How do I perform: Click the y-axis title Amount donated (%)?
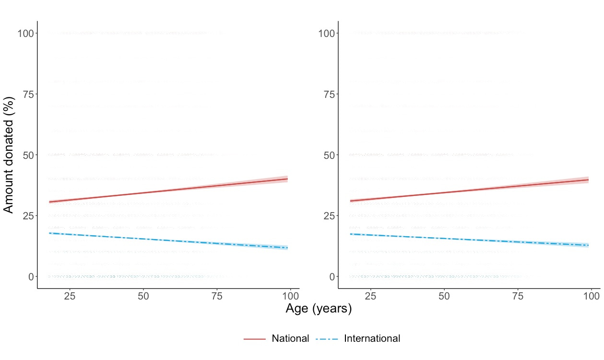pos(9,155)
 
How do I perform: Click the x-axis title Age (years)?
pos(319,309)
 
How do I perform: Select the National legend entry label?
pos(290,338)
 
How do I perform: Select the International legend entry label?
pos(372,338)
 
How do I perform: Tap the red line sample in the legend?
pos(255,339)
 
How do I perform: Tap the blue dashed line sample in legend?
pos(327,339)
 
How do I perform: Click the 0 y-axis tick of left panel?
pos(30,276)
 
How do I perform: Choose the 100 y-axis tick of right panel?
pos(326,33)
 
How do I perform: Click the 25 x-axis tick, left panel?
pos(70,297)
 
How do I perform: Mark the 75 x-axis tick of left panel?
pos(217,297)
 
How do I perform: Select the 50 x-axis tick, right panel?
pos(444,297)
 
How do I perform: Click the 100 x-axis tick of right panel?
pos(591,297)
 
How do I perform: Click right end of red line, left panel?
pos(287,179)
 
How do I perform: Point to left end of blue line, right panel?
pos(350,234)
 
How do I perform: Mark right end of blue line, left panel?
pos(287,248)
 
